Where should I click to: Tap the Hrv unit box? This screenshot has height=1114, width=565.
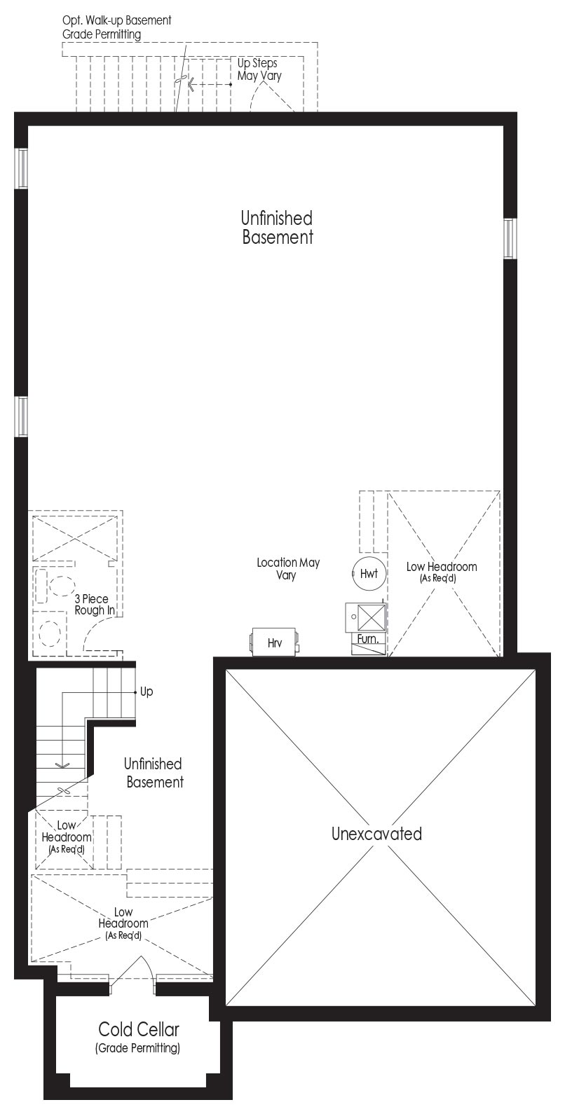point(274,642)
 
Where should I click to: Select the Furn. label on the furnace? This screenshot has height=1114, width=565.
point(368,638)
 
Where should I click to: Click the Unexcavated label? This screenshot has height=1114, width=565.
point(376,834)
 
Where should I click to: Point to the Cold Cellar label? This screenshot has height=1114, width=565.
point(138,1029)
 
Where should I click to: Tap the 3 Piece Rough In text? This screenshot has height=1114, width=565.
point(94,604)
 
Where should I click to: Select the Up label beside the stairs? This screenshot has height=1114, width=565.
point(147,692)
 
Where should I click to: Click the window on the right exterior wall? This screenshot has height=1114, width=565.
point(510,239)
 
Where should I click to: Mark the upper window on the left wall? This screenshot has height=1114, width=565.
point(21,169)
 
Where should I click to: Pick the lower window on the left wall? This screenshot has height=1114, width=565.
point(21,417)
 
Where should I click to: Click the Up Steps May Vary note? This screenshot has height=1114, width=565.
point(259,69)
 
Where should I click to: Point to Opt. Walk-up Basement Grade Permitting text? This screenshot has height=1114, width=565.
point(116,27)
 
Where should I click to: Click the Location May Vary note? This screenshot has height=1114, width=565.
point(287,568)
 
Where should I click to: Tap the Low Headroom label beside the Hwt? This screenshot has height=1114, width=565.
point(441,572)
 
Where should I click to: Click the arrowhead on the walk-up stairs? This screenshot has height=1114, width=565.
point(191,85)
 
